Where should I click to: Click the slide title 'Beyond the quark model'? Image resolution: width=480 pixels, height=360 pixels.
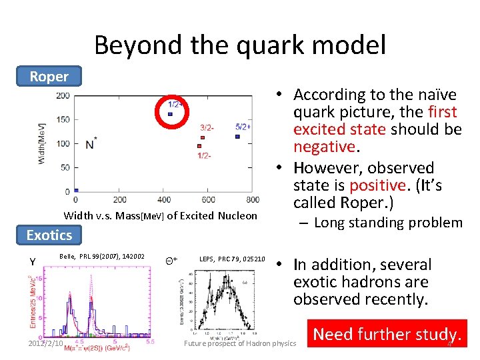[x=240, y=45]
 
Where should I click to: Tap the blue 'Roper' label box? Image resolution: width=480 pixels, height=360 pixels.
[x=49, y=76]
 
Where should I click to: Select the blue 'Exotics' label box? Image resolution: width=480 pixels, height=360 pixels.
[x=49, y=235]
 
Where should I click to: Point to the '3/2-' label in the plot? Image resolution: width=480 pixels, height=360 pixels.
[x=207, y=127]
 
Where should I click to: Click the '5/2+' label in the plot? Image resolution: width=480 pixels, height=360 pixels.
[x=243, y=126]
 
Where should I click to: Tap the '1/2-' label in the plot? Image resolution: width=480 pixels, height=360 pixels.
[x=205, y=155]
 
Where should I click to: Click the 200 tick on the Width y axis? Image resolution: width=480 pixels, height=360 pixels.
[x=63, y=95]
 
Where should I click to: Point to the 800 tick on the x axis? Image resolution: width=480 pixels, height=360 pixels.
[x=253, y=199]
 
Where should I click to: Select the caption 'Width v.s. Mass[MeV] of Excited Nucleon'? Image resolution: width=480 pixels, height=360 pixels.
[x=160, y=215]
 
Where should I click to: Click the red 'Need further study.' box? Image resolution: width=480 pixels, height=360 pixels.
[x=387, y=334]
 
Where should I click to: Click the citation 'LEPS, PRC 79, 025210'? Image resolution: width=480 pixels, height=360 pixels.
[x=232, y=259]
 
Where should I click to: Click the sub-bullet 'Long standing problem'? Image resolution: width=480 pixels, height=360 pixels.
[x=388, y=223]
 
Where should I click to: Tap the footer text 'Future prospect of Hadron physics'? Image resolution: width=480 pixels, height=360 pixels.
[x=240, y=343]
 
